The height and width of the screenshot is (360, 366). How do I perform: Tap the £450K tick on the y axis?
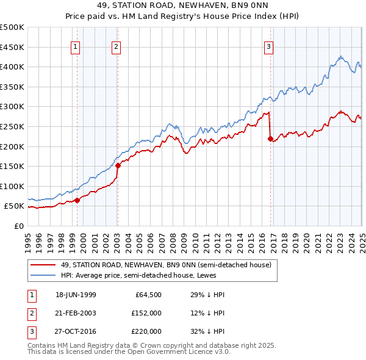(12, 47)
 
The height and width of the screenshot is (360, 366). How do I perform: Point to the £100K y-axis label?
(12, 186)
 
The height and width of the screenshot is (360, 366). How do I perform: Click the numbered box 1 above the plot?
(75, 46)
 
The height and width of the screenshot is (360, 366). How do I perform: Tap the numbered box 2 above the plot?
(116, 46)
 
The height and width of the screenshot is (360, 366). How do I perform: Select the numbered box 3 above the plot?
(268, 46)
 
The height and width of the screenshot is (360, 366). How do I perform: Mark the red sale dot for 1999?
(77, 200)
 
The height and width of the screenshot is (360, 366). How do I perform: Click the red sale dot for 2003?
(118, 165)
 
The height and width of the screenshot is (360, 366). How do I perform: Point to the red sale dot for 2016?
(270, 139)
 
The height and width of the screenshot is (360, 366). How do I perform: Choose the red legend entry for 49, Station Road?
(169, 264)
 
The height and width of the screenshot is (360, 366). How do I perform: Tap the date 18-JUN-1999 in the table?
(76, 295)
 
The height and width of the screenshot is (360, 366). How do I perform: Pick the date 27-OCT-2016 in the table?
(76, 331)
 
